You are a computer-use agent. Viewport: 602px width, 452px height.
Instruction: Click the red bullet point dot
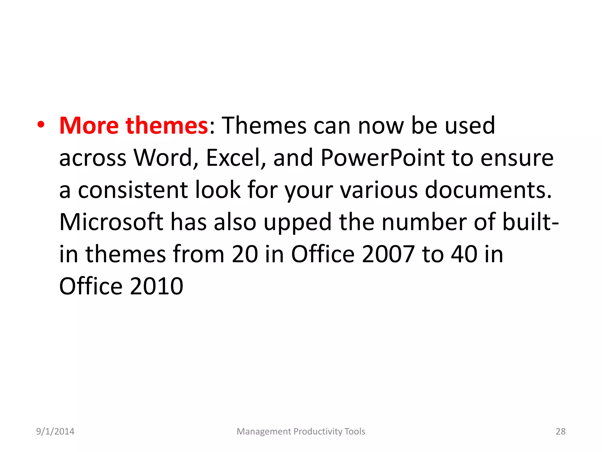click(41, 126)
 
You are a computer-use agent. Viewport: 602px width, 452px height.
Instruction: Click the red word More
click(89, 126)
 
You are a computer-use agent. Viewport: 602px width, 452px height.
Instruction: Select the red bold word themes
click(167, 126)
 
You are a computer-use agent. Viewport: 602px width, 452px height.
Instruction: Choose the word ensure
click(517, 158)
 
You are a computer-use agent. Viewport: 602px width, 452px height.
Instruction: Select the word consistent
click(133, 190)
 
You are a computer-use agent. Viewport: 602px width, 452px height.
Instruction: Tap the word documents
click(488, 190)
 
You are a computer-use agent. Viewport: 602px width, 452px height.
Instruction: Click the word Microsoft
click(111, 222)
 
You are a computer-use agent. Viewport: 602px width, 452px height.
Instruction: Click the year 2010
click(156, 286)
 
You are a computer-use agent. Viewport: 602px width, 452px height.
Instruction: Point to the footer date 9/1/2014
click(55, 431)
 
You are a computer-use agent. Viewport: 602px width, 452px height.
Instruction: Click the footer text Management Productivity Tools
click(301, 431)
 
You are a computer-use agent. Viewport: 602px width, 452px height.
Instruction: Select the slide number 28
click(561, 431)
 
